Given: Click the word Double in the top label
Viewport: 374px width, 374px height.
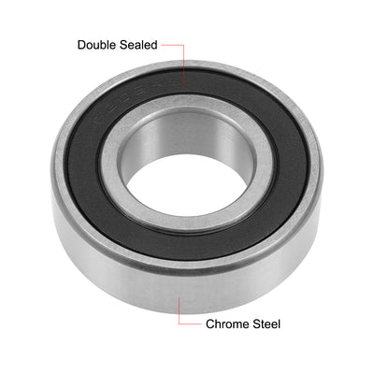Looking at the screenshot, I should coord(98,44).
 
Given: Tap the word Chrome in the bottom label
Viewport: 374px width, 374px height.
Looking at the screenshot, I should coord(227,324).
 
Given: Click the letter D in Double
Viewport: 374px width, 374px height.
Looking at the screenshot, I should coord(81,44).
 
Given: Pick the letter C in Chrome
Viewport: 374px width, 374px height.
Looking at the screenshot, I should coord(209,324).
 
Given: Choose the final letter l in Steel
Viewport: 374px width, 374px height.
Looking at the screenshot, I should coord(279,324).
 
